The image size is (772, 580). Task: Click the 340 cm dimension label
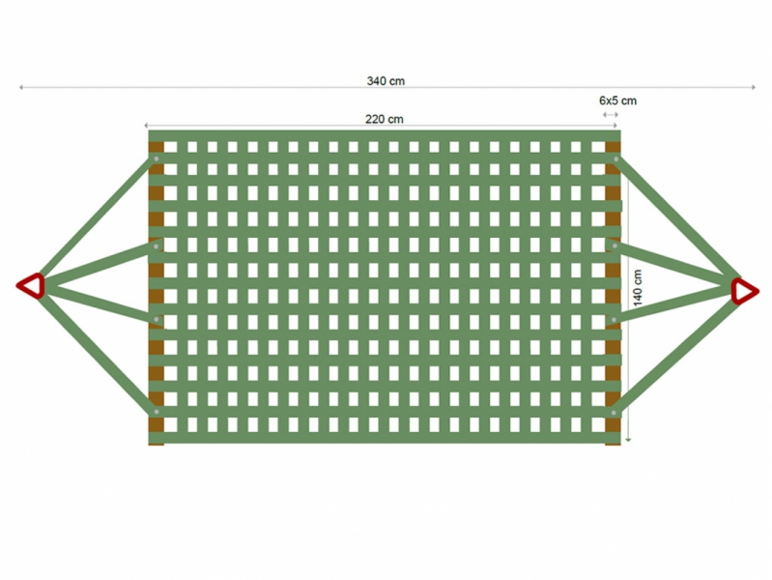(386, 81)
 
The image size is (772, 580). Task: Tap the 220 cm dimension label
(384, 119)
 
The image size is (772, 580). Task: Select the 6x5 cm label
(617, 101)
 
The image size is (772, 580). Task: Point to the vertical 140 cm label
(638, 288)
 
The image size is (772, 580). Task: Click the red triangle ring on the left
(32, 285)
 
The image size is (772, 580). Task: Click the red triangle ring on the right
(744, 291)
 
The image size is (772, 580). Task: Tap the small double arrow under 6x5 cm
(611, 114)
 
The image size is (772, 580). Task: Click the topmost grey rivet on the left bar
(157, 159)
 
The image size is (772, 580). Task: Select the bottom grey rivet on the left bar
(157, 412)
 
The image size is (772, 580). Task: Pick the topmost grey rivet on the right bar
(615, 159)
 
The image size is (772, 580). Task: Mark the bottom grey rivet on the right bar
(614, 413)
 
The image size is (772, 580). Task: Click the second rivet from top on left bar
(157, 246)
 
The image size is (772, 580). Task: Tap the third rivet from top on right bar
(614, 320)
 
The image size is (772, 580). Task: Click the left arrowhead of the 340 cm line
(20, 87)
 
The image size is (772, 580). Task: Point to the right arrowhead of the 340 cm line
(753, 87)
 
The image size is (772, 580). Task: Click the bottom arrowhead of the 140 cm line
(628, 439)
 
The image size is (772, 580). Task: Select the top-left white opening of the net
(170, 147)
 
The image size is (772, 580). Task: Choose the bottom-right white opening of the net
(598, 424)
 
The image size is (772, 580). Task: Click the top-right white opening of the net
(598, 147)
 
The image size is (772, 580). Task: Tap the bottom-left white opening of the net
(170, 424)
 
